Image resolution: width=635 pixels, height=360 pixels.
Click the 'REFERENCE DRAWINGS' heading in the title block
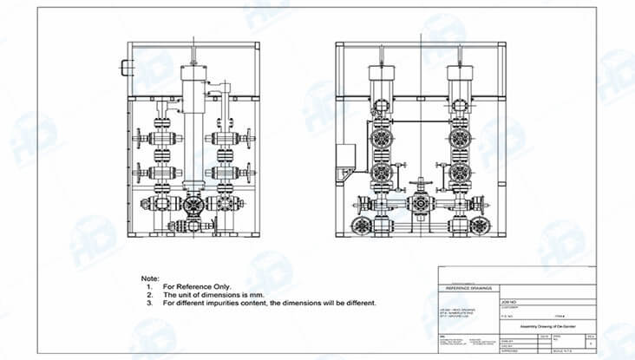pyautogui.click(x=468, y=287)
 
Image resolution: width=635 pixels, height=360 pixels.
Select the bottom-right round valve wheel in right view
pyautogui.click(x=478, y=226)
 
